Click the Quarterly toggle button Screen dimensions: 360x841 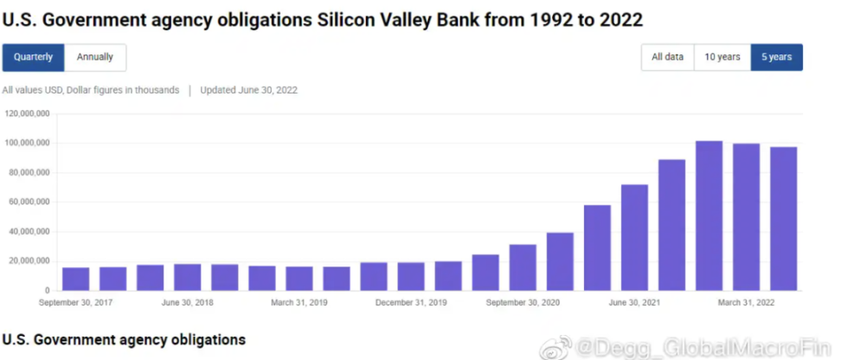(33, 57)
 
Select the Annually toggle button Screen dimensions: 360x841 (95, 57)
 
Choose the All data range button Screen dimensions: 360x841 (667, 57)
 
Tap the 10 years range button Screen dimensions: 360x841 (722, 57)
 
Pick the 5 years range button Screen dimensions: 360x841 (776, 57)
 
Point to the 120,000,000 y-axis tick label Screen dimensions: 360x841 (28, 113)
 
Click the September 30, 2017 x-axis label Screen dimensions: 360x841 (75, 303)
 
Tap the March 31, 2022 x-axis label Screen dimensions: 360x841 (745, 303)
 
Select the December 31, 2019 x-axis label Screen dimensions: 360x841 (411, 303)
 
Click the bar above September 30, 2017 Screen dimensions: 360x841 (75, 279)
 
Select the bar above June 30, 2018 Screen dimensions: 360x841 (187, 277)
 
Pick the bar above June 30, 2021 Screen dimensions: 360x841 (634, 238)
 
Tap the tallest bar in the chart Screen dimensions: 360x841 (709, 215)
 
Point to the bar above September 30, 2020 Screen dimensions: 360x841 (523, 267)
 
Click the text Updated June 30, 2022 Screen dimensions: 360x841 (249, 90)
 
